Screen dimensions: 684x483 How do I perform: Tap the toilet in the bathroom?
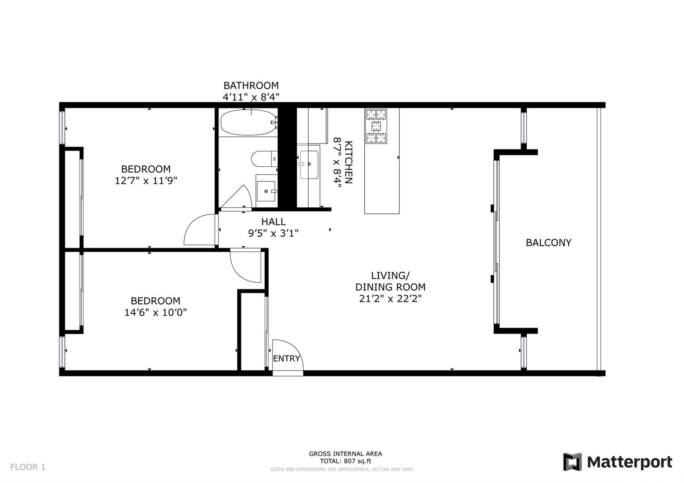point(264,159)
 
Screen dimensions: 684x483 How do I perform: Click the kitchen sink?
point(309,165)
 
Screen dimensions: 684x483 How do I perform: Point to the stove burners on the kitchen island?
point(376,126)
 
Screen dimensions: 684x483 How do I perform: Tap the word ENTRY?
point(286,359)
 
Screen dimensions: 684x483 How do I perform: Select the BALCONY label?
point(548,243)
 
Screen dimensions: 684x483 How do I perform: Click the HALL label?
point(273,222)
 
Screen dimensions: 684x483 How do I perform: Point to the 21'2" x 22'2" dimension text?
point(390,298)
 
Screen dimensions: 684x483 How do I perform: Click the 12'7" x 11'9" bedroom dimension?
point(146,180)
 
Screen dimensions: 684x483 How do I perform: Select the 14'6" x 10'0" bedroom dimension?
point(156,312)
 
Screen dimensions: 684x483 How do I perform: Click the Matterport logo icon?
point(572,462)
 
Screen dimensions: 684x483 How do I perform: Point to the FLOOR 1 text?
point(28,467)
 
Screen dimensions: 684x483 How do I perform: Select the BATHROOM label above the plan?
point(251,85)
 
